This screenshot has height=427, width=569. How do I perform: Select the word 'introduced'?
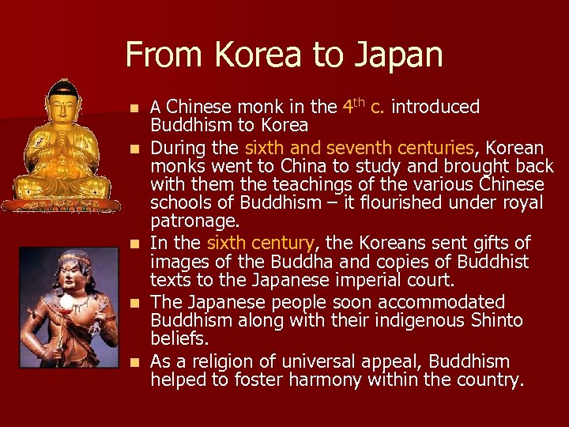(x=435, y=107)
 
